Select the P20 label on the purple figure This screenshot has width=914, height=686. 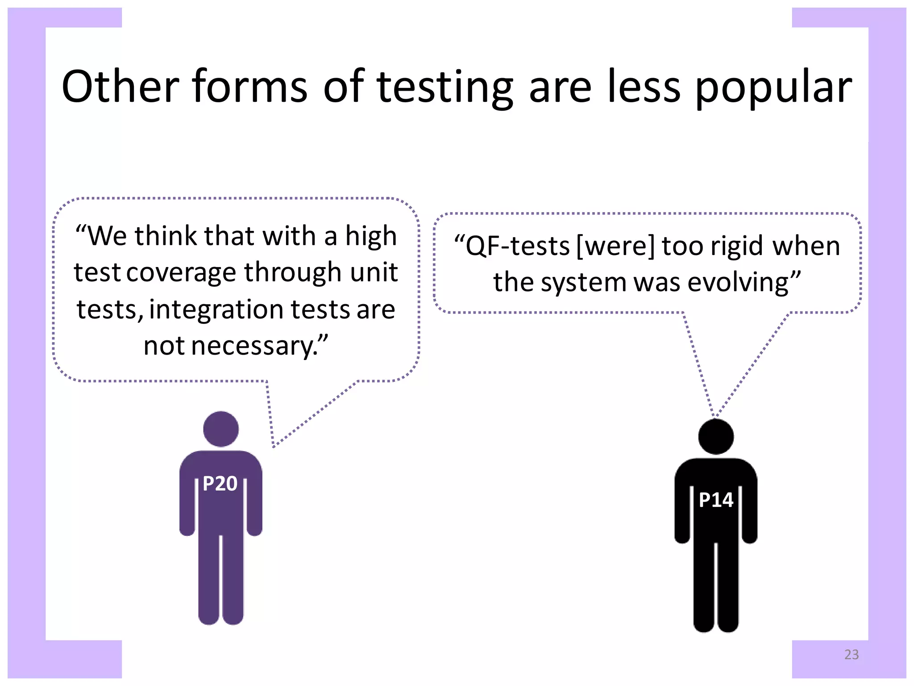pyautogui.click(x=220, y=484)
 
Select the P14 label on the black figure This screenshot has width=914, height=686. pyautogui.click(x=716, y=500)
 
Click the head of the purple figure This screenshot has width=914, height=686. pyautogui.click(x=220, y=429)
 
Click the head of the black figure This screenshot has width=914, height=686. pyautogui.click(x=716, y=436)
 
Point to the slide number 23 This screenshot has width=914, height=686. pyautogui.click(x=851, y=654)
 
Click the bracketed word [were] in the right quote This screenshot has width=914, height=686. pyautogui.click(x=615, y=246)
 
